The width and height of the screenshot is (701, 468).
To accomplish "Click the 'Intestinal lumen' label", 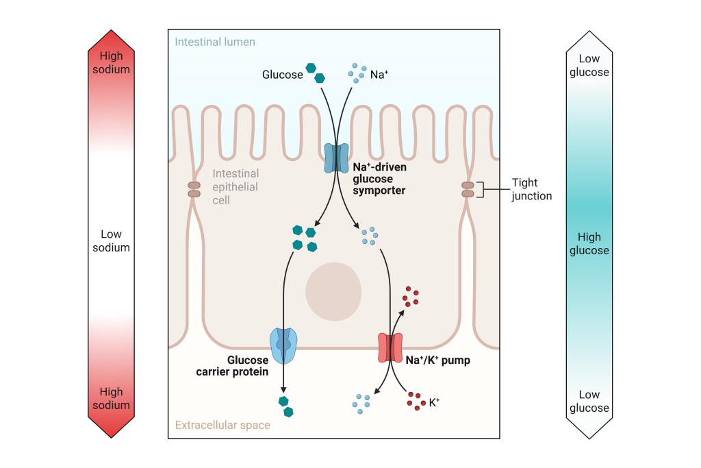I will [x=215, y=42].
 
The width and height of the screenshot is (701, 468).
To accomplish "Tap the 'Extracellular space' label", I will [x=222, y=425].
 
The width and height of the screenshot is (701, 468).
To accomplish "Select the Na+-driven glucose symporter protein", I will [x=336, y=158].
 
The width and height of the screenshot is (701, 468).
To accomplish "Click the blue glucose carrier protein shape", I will [x=284, y=345].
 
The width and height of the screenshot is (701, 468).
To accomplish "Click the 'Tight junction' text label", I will [x=531, y=189].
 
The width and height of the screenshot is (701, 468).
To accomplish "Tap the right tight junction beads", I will [x=468, y=189].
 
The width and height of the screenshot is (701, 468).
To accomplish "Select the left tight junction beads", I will [x=194, y=189].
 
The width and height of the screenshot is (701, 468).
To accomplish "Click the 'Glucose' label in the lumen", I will [x=282, y=75].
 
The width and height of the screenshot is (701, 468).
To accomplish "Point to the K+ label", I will [x=434, y=403].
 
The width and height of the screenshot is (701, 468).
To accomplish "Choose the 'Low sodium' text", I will [x=111, y=241].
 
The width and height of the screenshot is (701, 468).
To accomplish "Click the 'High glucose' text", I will [x=589, y=244].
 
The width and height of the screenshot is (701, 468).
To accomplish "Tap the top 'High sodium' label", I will [x=111, y=62].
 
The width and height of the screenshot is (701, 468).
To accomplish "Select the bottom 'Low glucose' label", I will [x=589, y=402].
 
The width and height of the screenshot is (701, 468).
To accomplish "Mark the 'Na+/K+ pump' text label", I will [x=438, y=360].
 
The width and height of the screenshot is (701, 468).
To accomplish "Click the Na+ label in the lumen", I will [x=379, y=75].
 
